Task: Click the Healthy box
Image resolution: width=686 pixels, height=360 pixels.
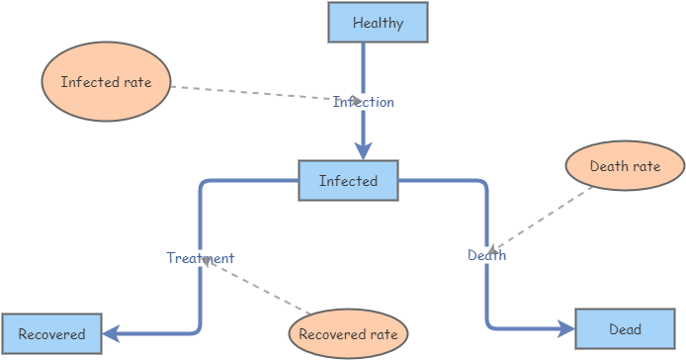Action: coord(378,23)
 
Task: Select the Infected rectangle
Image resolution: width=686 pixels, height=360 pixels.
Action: coord(348,181)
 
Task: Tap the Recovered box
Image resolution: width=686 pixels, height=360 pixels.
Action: coord(51,334)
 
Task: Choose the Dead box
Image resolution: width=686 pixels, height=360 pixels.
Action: coord(625,329)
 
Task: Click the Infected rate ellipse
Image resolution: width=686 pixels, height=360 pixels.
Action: coord(107,83)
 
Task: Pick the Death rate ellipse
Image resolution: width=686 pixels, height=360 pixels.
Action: coord(625,166)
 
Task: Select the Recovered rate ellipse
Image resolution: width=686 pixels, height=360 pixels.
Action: coord(348,334)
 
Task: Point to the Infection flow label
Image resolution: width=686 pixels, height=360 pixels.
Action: coord(363,102)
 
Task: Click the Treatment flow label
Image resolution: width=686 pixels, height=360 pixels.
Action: coord(200,258)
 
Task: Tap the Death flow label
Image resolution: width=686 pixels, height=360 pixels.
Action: coord(486,255)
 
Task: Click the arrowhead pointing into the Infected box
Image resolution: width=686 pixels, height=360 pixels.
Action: coord(363,151)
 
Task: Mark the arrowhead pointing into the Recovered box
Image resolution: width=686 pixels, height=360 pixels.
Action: coord(111,334)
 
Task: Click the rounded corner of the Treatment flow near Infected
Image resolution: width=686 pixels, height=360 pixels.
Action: coord(204,185)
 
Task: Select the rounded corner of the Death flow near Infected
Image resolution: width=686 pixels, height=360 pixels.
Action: coord(482,185)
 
